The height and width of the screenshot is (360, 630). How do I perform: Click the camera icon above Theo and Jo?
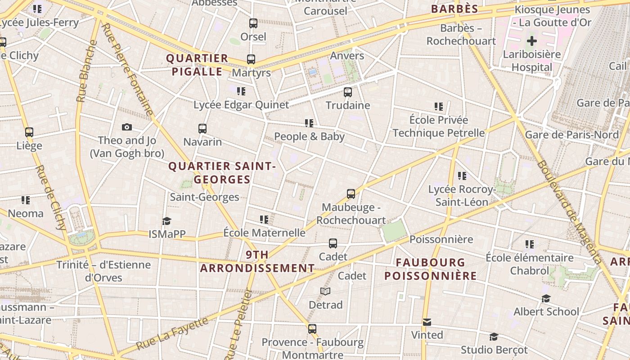pyautogui.click(x=127, y=127)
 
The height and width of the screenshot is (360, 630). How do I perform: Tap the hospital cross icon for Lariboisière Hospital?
pyautogui.click(x=532, y=41)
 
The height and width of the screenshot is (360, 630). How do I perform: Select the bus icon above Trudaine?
pyautogui.click(x=348, y=92)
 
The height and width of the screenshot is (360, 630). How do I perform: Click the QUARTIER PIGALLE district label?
pyautogui.click(x=197, y=65)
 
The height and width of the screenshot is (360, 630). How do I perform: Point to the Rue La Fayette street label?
pyautogui.click(x=172, y=333)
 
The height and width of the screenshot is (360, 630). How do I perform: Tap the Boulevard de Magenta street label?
pyautogui.click(x=569, y=212)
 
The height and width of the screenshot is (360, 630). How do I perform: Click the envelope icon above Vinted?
pyautogui.click(x=427, y=322)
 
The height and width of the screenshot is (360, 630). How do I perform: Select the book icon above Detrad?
pyautogui.click(x=325, y=292)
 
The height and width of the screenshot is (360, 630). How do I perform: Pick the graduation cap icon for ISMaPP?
pyautogui.click(x=167, y=221)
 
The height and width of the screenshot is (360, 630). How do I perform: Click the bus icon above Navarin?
pyautogui.click(x=202, y=129)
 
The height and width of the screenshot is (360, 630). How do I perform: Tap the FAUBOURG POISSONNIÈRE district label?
pyautogui.click(x=430, y=269)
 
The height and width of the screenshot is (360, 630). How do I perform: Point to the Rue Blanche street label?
pyautogui.click(x=86, y=71)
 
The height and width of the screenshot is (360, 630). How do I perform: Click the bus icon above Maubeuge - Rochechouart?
pyautogui.click(x=351, y=194)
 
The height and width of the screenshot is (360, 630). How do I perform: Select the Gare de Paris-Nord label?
pyautogui.click(x=572, y=135)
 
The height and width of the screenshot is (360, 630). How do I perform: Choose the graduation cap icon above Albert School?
pyautogui.click(x=546, y=298)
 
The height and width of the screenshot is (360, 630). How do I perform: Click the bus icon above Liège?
pyautogui.click(x=29, y=132)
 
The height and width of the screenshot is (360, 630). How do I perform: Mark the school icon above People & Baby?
pyautogui.click(x=309, y=123)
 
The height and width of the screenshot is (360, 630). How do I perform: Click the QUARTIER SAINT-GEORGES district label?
pyautogui.click(x=222, y=173)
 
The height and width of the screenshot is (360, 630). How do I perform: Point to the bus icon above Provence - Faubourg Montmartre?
pyautogui.click(x=312, y=329)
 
